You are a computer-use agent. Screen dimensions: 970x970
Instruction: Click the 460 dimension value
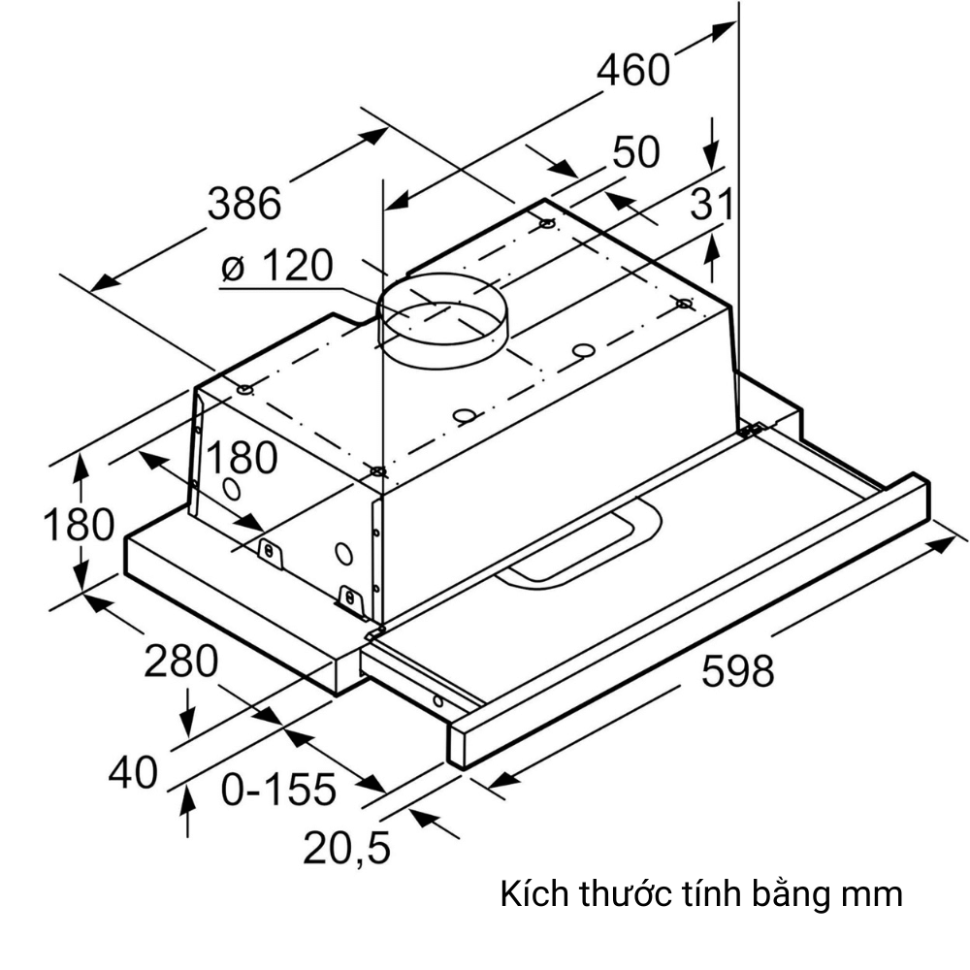point(632,70)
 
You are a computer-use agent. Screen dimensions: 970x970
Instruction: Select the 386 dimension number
point(244,204)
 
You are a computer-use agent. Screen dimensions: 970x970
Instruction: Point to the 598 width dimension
point(737,671)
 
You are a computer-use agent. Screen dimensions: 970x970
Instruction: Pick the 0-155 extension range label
point(278,790)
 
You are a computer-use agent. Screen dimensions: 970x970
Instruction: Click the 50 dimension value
point(636,152)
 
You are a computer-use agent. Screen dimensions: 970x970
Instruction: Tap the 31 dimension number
point(712,205)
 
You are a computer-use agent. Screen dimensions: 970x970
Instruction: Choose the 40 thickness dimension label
point(133,773)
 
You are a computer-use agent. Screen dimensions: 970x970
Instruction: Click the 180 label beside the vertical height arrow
point(79,525)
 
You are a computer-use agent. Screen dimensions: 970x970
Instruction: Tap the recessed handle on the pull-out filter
point(582,545)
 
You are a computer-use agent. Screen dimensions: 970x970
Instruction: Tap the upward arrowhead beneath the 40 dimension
point(187,797)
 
